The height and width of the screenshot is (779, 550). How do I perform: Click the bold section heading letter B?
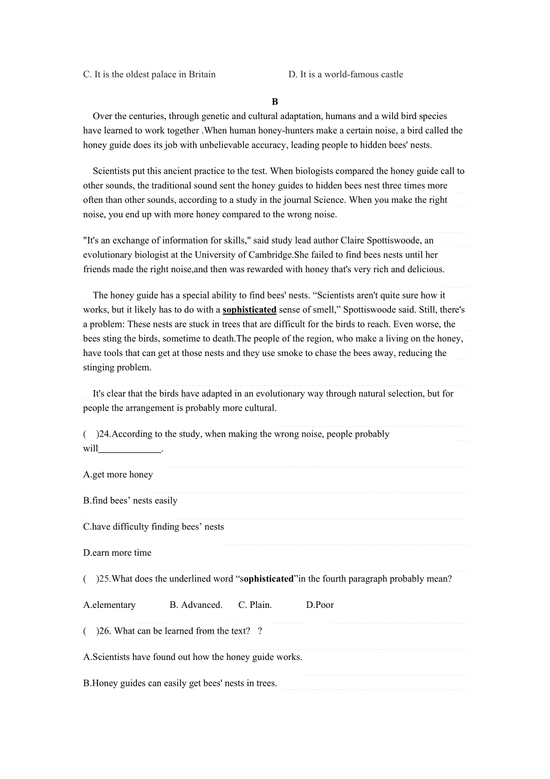point(275,102)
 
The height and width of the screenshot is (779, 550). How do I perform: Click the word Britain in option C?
point(202,75)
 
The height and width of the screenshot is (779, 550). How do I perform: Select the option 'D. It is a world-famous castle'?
point(346,75)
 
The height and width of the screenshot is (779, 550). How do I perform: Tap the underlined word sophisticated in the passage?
point(249,310)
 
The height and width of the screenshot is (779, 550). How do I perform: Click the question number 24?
point(104,434)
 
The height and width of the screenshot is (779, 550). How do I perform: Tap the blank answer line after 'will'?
point(130,449)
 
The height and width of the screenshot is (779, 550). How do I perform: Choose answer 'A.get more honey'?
point(118,475)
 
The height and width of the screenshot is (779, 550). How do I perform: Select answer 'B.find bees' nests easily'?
point(130,501)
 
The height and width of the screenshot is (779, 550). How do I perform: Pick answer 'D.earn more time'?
point(117,553)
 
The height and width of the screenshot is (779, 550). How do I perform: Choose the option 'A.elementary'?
point(109,605)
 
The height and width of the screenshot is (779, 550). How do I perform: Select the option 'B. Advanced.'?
point(196,605)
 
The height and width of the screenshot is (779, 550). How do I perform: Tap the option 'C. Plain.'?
point(255,605)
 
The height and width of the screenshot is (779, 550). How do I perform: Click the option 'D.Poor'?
point(320,605)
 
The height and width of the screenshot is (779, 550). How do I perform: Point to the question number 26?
point(105,631)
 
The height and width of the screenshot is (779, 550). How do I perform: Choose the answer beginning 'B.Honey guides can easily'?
point(180,683)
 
